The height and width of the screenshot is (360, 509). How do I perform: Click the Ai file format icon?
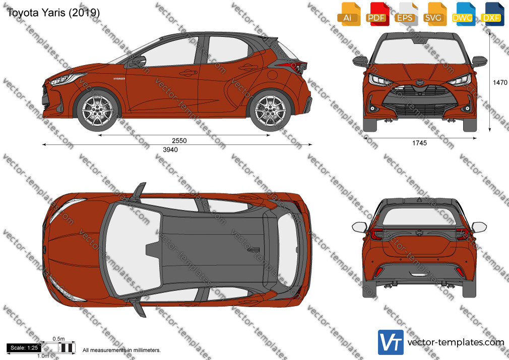point(349,14)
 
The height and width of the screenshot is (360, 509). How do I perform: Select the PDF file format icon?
point(377,14)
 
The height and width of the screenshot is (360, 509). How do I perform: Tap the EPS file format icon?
point(406,14)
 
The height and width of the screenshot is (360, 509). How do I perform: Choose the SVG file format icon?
point(435,14)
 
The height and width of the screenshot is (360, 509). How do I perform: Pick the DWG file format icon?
point(464,14)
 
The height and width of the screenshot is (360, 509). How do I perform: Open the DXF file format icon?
point(492,14)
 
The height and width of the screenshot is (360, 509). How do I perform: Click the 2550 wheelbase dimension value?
point(179,141)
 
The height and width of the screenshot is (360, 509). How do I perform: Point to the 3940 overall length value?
point(170,149)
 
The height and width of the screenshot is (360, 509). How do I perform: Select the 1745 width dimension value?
point(419,143)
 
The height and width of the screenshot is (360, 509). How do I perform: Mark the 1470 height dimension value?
point(500,83)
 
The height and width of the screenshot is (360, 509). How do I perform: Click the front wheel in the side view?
point(98,110)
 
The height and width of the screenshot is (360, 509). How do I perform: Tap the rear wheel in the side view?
point(270,110)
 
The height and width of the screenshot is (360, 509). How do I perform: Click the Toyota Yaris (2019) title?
point(53,12)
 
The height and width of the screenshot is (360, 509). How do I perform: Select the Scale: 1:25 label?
point(24,348)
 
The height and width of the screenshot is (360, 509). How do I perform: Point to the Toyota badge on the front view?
point(420,83)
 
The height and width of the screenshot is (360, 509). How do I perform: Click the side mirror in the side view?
point(138,62)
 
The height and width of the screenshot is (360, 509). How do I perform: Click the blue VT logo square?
point(391,342)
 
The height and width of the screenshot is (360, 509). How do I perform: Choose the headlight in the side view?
point(67,79)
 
